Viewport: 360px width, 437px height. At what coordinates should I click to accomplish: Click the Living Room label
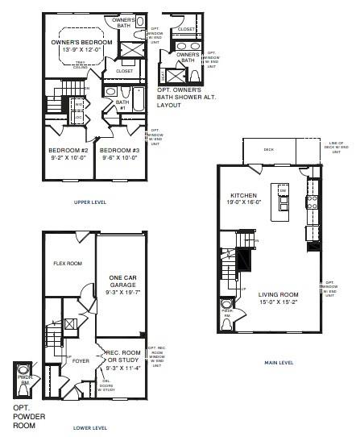click(278, 294)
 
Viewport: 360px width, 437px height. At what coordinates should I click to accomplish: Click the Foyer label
click(81, 361)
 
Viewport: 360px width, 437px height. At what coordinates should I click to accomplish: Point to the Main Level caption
click(278, 362)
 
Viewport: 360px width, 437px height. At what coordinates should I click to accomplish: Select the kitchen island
click(283, 202)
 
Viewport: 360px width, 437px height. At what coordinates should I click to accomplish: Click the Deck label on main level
click(269, 148)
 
